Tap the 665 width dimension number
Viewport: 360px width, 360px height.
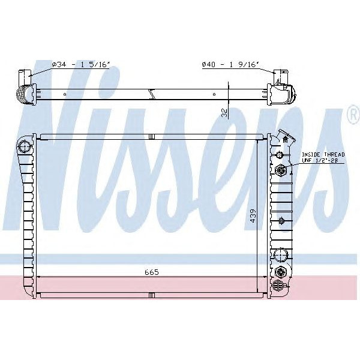click(x=151, y=272)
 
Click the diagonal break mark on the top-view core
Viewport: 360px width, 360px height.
click(x=154, y=93)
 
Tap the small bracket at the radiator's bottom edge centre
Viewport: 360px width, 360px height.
click(x=151, y=295)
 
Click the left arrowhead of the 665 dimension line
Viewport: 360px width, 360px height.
click(x=40, y=277)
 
